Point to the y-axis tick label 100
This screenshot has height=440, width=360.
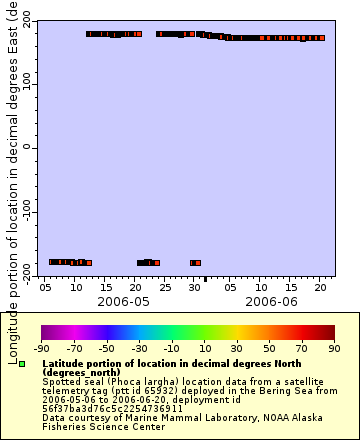point(24,83)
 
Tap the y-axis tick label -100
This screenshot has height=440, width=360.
point(21,212)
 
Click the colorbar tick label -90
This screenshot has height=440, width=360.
point(41,348)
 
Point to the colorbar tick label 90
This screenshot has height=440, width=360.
point(335,348)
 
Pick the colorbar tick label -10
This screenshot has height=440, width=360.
point(171,348)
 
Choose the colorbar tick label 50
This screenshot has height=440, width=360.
point(270,348)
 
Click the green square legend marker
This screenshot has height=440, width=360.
point(22,363)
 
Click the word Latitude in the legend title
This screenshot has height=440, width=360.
point(65,364)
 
